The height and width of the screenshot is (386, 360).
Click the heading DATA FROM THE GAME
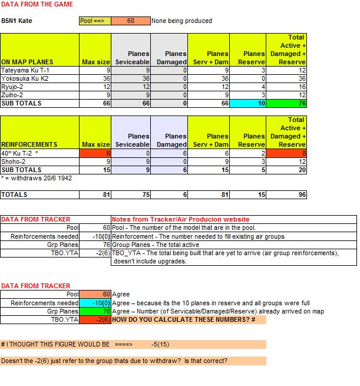(x=37, y=4)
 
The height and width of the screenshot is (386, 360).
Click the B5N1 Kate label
(x=16, y=21)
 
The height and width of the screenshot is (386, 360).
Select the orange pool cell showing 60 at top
(x=130, y=21)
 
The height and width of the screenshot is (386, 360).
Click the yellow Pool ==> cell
(x=94, y=21)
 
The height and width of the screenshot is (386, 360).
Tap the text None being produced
(x=181, y=21)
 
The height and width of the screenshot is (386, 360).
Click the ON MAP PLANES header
(x=27, y=62)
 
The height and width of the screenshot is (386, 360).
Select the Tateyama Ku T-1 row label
(x=24, y=70)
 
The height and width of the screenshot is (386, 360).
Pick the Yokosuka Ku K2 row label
(x=25, y=78)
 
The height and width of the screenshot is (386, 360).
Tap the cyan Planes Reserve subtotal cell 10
(x=247, y=103)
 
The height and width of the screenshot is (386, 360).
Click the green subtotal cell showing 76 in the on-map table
(x=286, y=103)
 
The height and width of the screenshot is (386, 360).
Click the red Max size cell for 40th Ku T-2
(x=95, y=153)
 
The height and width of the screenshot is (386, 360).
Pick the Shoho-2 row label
(x=14, y=161)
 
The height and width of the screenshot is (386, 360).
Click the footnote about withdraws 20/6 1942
(x=37, y=178)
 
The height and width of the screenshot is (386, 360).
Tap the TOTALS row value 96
(x=286, y=194)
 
